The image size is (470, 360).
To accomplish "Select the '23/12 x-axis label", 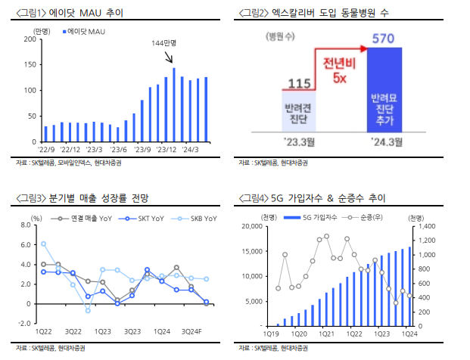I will [x=167, y=149].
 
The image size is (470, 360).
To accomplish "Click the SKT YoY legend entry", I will [x=148, y=219].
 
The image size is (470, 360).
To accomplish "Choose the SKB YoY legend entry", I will [x=199, y=219].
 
